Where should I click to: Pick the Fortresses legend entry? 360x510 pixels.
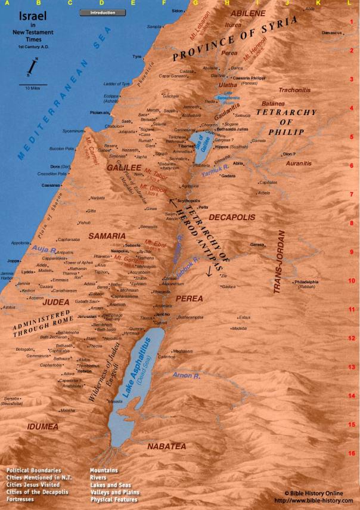click(x=20, y=499)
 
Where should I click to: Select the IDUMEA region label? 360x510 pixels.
click(x=42, y=426)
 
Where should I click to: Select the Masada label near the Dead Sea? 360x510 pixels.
click(x=115, y=401)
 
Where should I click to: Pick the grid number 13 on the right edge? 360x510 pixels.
click(x=352, y=367)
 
